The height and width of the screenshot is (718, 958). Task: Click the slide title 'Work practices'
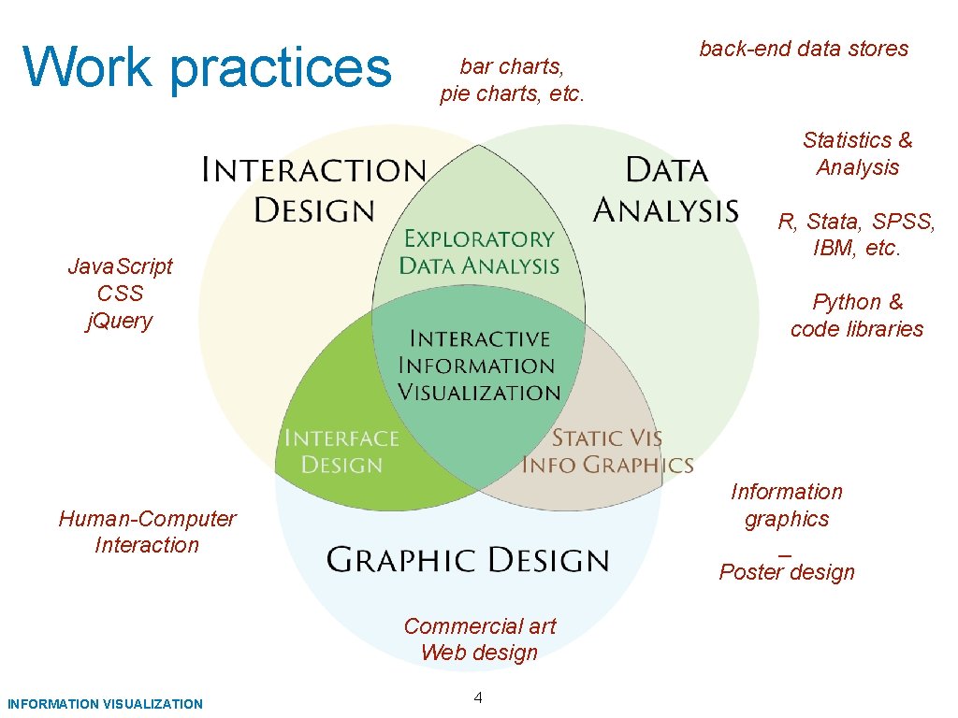206,67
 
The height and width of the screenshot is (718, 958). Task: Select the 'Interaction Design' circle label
314,190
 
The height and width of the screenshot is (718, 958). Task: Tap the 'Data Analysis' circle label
666,190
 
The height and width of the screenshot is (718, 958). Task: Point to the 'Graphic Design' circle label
468,560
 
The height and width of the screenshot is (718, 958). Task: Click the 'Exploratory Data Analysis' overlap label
479,252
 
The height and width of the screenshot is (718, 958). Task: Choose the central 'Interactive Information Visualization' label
479,366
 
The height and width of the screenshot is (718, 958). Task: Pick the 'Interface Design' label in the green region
341,452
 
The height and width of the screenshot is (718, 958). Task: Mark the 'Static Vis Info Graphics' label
607,452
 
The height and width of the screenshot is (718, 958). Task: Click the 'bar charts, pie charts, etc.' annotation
512,80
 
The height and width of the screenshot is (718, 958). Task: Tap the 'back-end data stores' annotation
804,49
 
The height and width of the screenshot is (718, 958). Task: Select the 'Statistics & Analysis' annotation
857,154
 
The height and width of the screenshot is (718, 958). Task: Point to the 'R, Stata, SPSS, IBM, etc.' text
857,235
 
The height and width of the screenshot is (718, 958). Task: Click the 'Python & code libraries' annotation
857,316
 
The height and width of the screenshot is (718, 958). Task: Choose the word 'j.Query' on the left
119,321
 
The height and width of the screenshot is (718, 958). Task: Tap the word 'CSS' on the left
120,294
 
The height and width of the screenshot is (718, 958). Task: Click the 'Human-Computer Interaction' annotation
147,532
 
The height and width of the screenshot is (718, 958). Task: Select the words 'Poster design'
787,572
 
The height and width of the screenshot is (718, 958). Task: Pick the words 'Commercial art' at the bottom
479,626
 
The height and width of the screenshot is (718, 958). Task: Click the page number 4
478,696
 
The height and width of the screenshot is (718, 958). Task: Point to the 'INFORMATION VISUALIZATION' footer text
104,704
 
